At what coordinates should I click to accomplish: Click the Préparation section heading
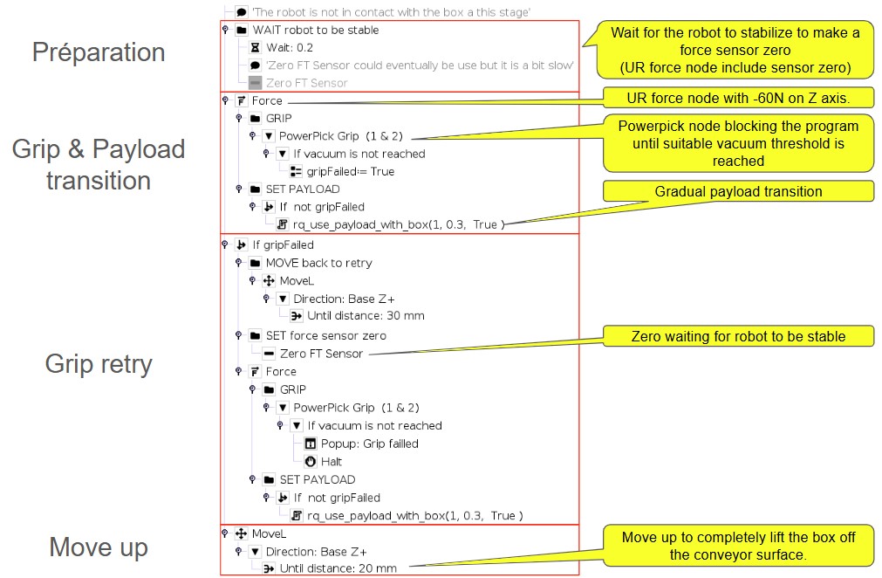coord(99,52)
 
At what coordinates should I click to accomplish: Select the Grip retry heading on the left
coord(99,363)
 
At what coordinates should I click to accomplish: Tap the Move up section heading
coord(99,547)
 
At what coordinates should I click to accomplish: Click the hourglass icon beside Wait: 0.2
coord(255,48)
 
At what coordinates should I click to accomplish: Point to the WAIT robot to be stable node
coord(316,30)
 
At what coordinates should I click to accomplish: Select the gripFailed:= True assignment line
coord(351,172)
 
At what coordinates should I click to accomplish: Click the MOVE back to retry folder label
coord(319,263)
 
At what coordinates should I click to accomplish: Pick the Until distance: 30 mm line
coord(366,316)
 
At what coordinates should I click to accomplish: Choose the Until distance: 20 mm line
coord(338,568)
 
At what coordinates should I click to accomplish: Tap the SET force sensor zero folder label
coord(325,336)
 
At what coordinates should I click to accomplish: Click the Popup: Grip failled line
coord(370,444)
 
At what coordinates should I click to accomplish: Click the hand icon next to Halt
coord(311,462)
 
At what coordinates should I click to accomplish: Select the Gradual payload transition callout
coord(738,191)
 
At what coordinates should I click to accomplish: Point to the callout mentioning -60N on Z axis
coord(738,98)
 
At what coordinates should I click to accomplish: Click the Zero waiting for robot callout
coord(738,336)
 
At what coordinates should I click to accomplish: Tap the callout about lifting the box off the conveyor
coord(738,546)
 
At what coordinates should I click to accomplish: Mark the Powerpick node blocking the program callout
coord(738,143)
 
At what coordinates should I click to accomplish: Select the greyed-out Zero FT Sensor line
coord(306,83)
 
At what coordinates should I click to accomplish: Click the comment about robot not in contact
coord(391,12)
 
